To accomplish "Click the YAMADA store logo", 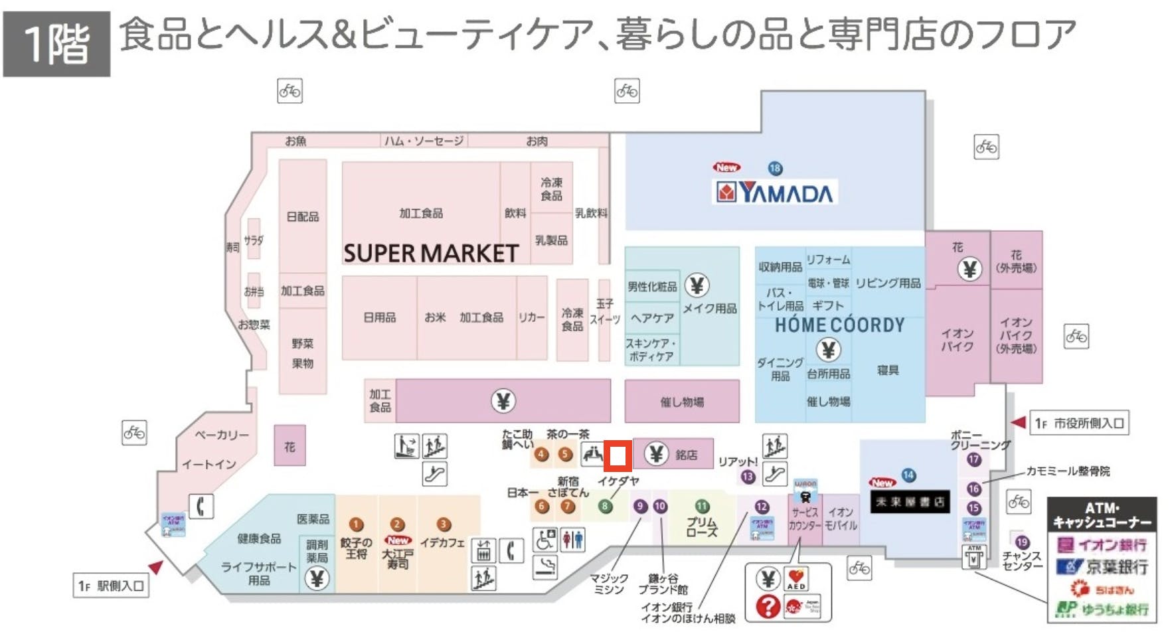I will point(774,193).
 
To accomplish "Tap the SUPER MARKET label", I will point(430,253).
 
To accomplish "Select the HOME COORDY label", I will point(839,325).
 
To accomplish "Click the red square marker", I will point(618,455).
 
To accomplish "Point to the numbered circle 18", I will point(774,168).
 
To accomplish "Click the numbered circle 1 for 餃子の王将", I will point(356,524).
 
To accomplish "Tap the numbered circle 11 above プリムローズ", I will point(702,507).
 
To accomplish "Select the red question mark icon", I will point(768,606).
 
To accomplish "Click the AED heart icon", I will point(796,578).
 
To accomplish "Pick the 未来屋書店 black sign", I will point(909,502).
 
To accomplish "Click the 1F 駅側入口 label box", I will point(111,586).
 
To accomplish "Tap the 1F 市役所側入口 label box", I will point(1078,423).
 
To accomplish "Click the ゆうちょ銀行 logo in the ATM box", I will point(1102,609).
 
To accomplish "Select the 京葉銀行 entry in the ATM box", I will point(1102,567).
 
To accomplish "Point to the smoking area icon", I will point(545,566).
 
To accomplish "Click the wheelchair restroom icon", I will point(545,539).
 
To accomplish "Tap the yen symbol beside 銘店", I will point(655,454).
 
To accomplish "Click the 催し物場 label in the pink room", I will point(682,402).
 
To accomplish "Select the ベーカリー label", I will point(222,435).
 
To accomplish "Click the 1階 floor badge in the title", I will point(56,44).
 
